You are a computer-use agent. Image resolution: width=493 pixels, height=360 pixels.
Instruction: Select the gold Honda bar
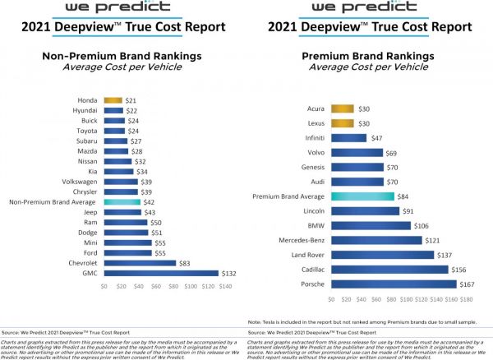pyautogui.click(x=113, y=100)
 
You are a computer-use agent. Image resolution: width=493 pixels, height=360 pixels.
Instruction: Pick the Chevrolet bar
pyautogui.click(x=140, y=263)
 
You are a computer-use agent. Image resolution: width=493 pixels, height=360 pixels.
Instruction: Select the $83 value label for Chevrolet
pyautogui.click(x=186, y=263)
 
